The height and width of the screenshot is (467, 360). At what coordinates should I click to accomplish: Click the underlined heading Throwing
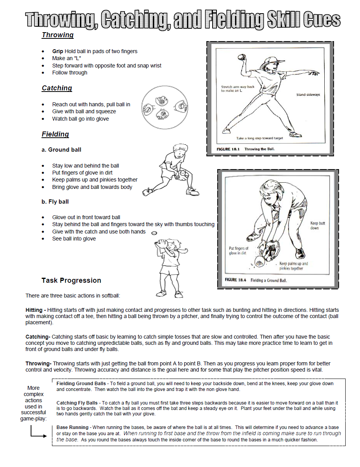pos(57,35)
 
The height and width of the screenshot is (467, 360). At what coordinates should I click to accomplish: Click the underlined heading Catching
pos(57,88)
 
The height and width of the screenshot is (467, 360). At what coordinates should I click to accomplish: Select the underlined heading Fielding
pos(55,134)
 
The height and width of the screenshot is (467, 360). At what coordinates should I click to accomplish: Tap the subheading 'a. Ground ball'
pos(61,150)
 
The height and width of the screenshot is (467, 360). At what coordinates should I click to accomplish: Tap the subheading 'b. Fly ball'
pos(55,202)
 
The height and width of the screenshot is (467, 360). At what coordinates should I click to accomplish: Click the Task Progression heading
pos(71,280)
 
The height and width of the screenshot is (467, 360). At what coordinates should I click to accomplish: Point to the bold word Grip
pos(58,51)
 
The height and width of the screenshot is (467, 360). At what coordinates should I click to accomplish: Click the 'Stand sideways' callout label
pos(308,95)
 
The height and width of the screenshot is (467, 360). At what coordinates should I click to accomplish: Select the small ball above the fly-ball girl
pos(154,233)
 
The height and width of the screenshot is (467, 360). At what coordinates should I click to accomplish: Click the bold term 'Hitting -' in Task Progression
pos(36,310)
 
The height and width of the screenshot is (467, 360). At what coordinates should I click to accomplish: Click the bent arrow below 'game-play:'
pos(38,433)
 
